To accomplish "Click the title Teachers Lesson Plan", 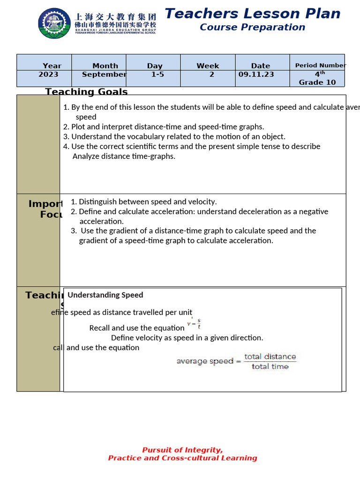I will (x=252, y=14).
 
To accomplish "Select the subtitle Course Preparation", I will (x=252, y=27).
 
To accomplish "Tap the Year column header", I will (x=52, y=66).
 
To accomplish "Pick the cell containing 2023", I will (x=48, y=75).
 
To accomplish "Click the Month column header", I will (x=105, y=66).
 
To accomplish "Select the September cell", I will (x=104, y=75).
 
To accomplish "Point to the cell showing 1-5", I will (x=154, y=75).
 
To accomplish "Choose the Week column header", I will (x=208, y=66).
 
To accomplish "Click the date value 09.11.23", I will (x=256, y=75).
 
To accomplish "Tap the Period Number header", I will (x=320, y=66).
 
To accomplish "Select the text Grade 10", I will (x=317, y=82).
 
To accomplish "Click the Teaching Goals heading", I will (x=86, y=91).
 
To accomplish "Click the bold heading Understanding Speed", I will (x=105, y=295).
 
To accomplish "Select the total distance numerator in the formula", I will (x=270, y=357).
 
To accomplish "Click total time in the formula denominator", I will (x=270, y=367).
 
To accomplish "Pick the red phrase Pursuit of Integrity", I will (x=182, y=450).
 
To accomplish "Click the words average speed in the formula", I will (x=204, y=361).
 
